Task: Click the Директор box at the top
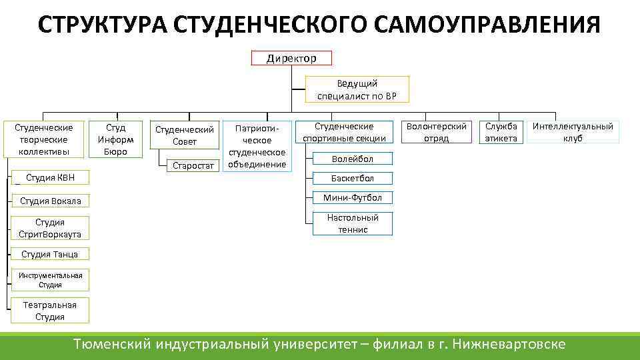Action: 291,58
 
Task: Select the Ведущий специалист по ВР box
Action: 357,89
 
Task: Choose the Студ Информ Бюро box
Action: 115,139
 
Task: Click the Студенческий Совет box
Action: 185,135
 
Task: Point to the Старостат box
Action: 193,165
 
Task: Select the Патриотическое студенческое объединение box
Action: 257,145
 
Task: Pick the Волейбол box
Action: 353,159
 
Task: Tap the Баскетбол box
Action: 353,178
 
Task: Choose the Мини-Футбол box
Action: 353,197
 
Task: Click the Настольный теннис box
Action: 353,223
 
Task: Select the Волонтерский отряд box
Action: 437,132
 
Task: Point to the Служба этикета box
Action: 501,132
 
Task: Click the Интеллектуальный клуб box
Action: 573,132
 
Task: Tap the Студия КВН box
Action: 46,177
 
